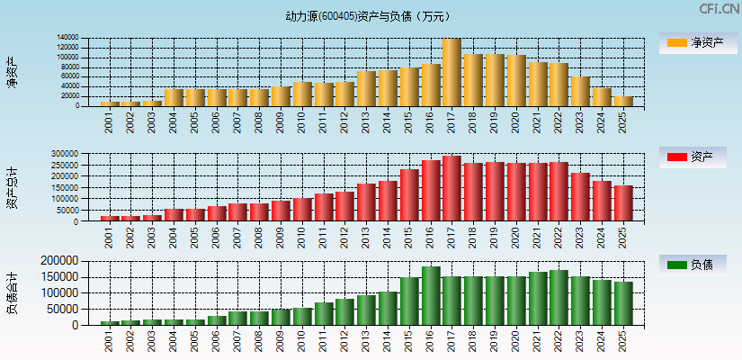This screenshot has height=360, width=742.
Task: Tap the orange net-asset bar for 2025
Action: pos(622,101)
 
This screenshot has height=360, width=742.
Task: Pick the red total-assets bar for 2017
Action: pos(451,188)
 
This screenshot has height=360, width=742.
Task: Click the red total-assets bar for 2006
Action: pos(217,213)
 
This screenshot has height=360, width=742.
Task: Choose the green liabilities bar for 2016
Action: pos(430,295)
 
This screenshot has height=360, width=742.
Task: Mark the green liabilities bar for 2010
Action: pos(302,316)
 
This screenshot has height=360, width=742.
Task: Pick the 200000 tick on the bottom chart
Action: pos(60,260)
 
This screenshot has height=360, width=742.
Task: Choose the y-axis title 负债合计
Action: pos(12,292)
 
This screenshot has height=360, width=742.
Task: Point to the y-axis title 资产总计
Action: pos(12,188)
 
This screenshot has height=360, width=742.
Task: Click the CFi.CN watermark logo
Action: pos(719,9)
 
